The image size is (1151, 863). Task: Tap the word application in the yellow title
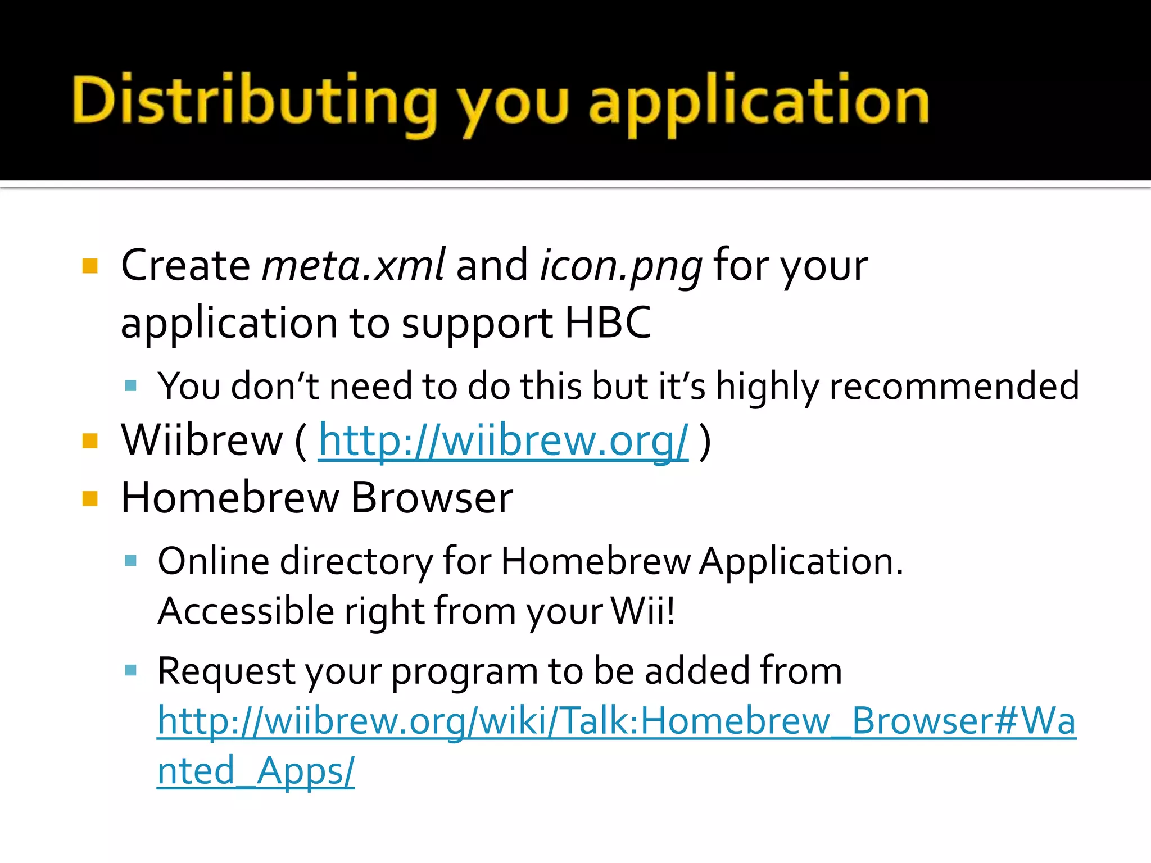[759, 104]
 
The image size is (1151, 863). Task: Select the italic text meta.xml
[354, 265]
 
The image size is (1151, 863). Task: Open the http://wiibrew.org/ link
[503, 441]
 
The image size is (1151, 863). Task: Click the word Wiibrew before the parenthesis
[202, 440]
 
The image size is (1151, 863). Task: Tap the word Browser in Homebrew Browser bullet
[432, 498]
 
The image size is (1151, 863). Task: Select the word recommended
[954, 387]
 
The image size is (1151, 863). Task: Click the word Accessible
[246, 611]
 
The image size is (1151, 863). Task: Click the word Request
[226, 671]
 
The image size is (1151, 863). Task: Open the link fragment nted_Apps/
[256, 771]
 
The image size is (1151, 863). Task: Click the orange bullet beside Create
[90, 266]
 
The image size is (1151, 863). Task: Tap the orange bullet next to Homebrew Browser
[90, 498]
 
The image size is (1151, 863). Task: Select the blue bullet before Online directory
[131, 561]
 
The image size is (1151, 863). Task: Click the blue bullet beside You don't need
[131, 386]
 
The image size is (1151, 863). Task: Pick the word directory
[356, 562]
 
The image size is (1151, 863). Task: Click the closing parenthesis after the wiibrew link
[705, 441]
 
